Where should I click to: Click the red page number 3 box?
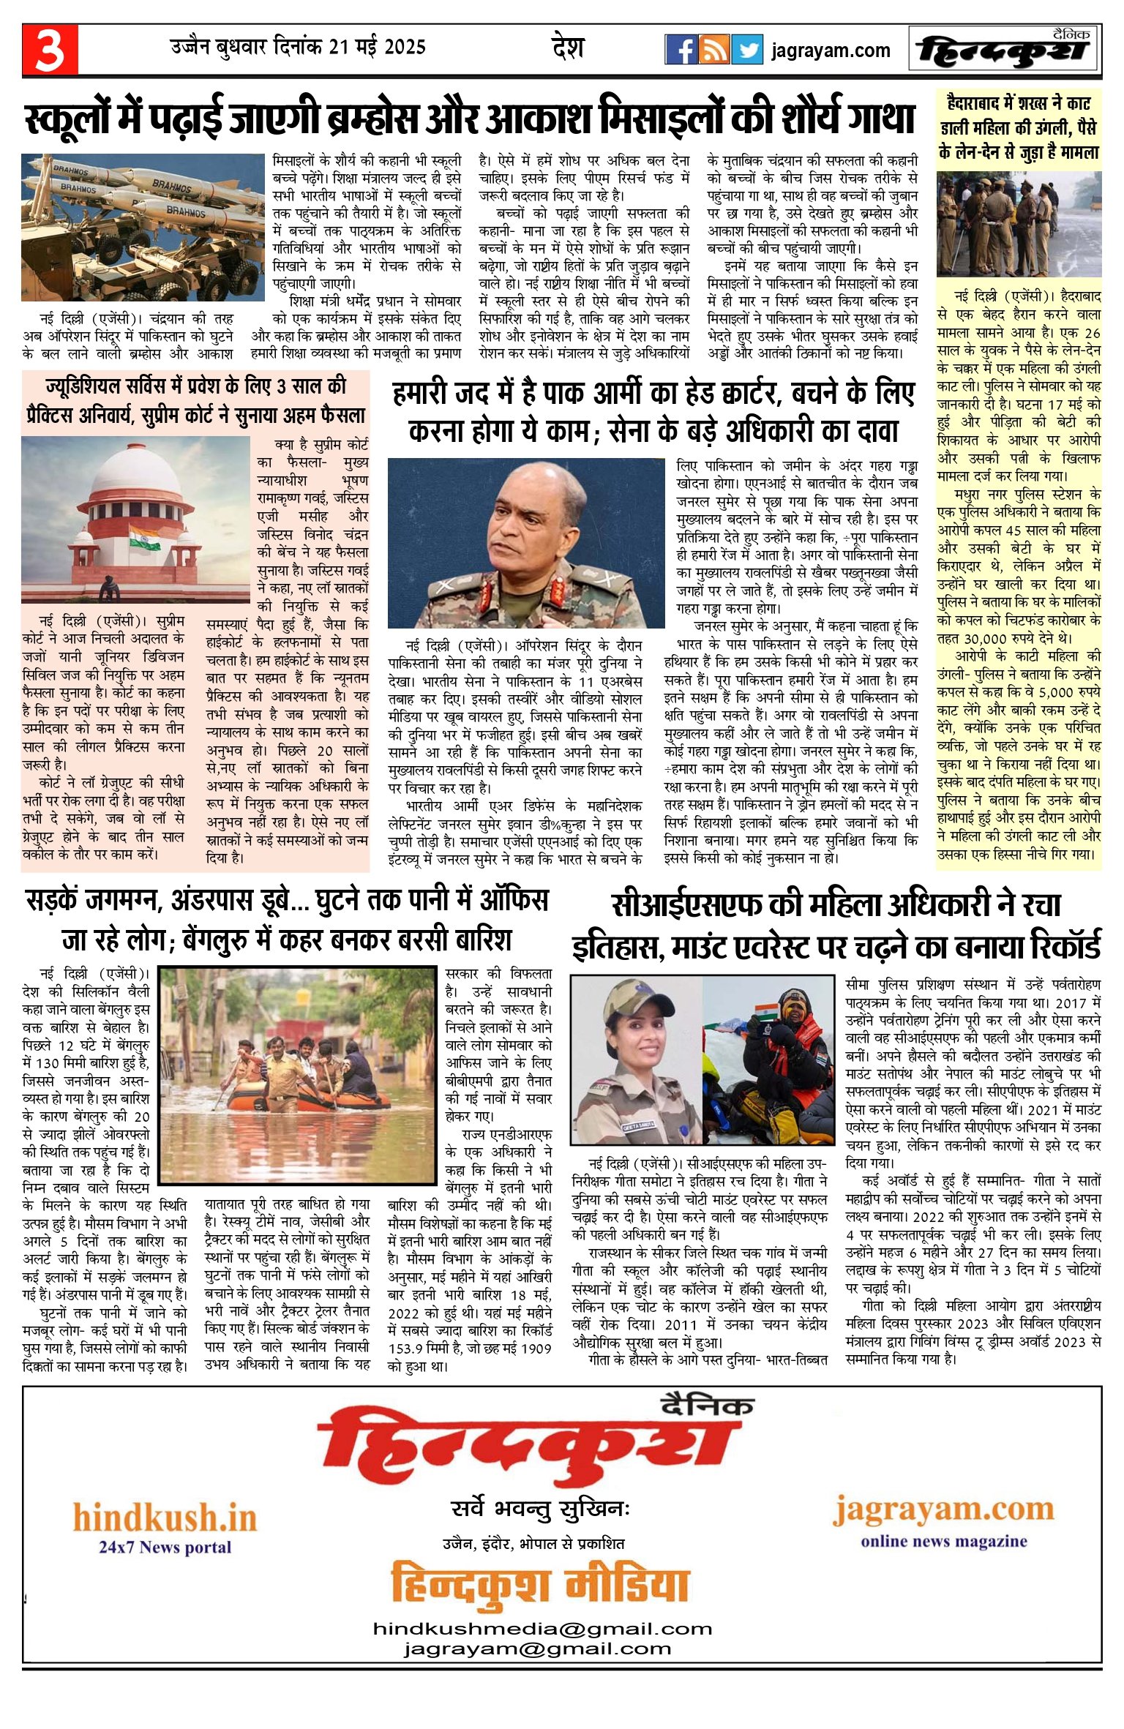(x=50, y=50)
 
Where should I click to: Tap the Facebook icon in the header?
(x=681, y=50)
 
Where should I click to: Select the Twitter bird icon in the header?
(x=747, y=50)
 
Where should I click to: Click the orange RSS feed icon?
(x=713, y=50)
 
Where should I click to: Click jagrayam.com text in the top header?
(x=831, y=50)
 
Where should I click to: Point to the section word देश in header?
(x=568, y=48)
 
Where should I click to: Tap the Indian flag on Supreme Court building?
(x=144, y=538)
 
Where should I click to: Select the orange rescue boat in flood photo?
(x=307, y=1098)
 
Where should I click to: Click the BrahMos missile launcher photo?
(x=143, y=227)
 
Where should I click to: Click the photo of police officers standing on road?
(x=1019, y=225)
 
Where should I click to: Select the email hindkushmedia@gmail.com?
(x=542, y=1629)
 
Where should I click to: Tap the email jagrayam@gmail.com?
(x=537, y=1649)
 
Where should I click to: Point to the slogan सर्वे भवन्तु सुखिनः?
(x=540, y=1509)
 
